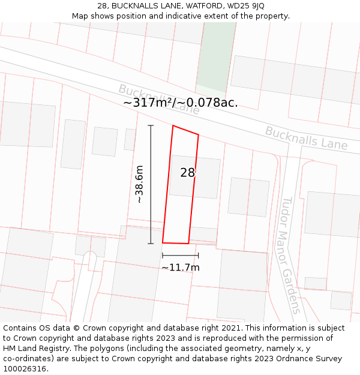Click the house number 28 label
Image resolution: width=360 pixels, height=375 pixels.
188,173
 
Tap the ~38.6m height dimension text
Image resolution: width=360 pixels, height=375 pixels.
140,184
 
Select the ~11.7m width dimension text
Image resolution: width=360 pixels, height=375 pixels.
180,267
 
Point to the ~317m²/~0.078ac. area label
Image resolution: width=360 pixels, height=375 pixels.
180,103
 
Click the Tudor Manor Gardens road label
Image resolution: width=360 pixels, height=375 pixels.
290,255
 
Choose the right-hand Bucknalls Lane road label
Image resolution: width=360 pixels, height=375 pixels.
306,138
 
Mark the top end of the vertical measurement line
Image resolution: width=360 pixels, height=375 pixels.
151,125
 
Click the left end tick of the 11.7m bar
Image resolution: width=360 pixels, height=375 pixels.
163,256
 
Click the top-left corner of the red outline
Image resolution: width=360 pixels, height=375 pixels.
173,126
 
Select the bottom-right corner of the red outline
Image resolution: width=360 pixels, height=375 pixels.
188,244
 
